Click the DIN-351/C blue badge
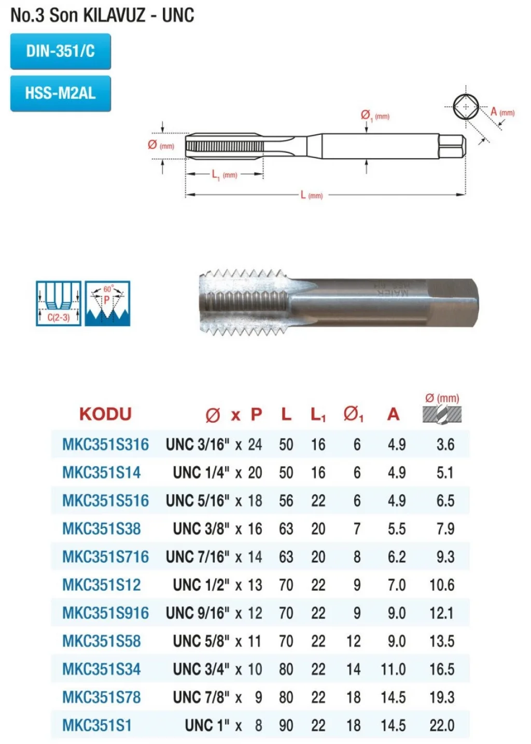(60, 51)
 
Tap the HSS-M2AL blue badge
(60, 93)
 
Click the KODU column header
(105, 414)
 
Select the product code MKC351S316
(105, 444)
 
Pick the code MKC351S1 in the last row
(96, 725)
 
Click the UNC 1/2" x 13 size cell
(217, 585)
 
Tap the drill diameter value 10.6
(442, 585)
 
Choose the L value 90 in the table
(286, 725)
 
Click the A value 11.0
(393, 669)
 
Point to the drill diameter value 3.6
(445, 444)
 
